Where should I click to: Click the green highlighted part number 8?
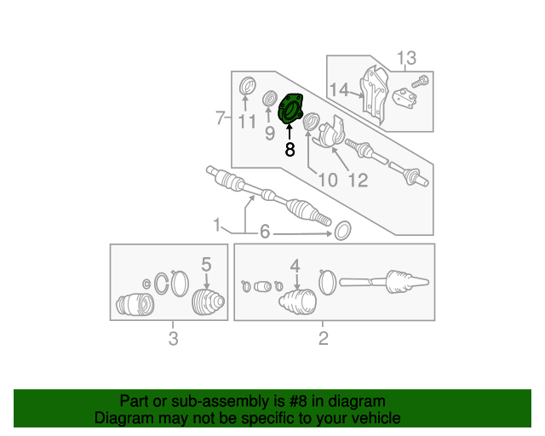[292, 110]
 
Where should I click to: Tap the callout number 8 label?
[290, 151]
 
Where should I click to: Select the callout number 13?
[406, 58]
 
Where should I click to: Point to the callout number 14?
[340, 89]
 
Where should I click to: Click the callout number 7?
[220, 116]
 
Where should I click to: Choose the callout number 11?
[247, 123]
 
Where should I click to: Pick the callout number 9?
[269, 133]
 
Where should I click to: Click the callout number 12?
[357, 180]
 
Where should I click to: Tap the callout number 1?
[217, 226]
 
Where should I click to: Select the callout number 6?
[264, 232]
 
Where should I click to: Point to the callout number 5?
[205, 264]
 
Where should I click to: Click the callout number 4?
[295, 267]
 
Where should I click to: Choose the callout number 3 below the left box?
[173, 339]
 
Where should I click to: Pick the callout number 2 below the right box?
[323, 339]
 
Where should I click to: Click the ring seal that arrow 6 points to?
[342, 230]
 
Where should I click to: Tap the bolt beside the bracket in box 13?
[420, 83]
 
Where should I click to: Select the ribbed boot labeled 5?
[207, 302]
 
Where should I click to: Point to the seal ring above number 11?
[247, 86]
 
